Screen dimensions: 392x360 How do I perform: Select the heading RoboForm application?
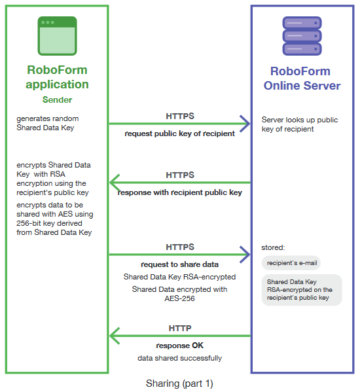pyautogui.click(x=57, y=77)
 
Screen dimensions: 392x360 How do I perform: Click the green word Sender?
pyautogui.click(x=57, y=100)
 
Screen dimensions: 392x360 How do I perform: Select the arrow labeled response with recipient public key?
pyautogui.click(x=179, y=183)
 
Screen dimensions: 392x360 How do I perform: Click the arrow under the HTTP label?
pyautogui.click(x=179, y=336)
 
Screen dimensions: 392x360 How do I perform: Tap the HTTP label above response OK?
pyautogui.click(x=180, y=329)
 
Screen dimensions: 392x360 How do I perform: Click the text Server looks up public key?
pyautogui.click(x=299, y=124)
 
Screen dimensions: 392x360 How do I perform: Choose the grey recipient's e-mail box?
pyautogui.click(x=290, y=262)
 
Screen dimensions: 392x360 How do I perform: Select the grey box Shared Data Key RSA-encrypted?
pyautogui.click(x=300, y=289)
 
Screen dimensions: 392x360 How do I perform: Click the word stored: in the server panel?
pyautogui.click(x=273, y=248)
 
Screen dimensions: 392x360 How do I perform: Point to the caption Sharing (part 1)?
pyautogui.click(x=179, y=383)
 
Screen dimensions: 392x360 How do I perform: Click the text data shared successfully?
pyautogui.click(x=179, y=358)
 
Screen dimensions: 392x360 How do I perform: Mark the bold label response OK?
pyautogui.click(x=179, y=346)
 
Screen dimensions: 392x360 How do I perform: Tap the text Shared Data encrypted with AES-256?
pyautogui.click(x=179, y=293)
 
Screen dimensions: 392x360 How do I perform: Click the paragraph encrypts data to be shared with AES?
pyautogui.click(x=55, y=219)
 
